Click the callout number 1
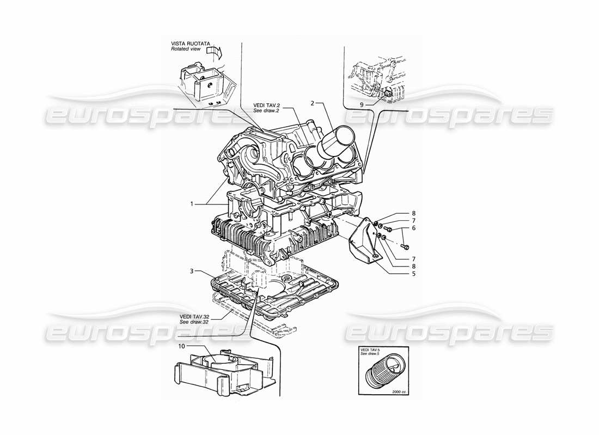pos(192,204)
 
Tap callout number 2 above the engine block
pos(313,102)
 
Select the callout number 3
pos(192,270)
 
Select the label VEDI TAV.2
pos(266,104)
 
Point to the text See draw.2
pos(266,110)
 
